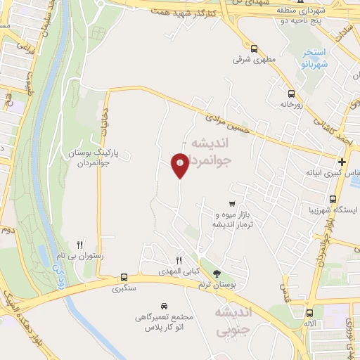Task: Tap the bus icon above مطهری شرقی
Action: coord(254,49)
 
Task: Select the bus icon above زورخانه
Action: coord(291,93)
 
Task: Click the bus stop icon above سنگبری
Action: coord(124,277)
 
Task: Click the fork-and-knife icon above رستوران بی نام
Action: coord(80,243)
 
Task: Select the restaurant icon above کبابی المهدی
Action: coord(179,261)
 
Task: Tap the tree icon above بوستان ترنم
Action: coord(216,274)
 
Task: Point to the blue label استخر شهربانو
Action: coord(310,57)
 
